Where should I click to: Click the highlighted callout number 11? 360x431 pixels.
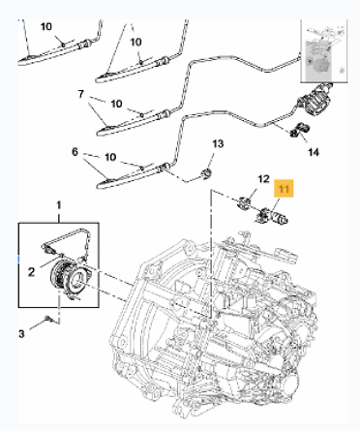(x=284, y=188)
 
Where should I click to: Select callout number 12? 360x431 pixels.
(x=263, y=179)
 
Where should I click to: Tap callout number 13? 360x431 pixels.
(x=218, y=143)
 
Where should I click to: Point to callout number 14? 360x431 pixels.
(x=314, y=152)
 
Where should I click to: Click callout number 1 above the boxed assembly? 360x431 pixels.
(x=59, y=205)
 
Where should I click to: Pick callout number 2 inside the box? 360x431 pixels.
(x=31, y=272)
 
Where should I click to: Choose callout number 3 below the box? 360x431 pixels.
(x=21, y=333)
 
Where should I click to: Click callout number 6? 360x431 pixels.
(x=75, y=152)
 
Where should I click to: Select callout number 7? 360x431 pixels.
(x=80, y=94)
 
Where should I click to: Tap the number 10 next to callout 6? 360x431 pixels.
(x=110, y=157)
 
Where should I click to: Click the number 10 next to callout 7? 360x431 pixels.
(x=116, y=104)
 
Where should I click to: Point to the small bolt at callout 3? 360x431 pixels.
(x=48, y=319)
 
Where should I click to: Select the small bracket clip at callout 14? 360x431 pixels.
(x=299, y=130)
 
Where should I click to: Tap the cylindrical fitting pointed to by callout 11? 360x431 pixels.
(x=273, y=217)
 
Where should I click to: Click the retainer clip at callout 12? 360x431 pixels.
(x=244, y=203)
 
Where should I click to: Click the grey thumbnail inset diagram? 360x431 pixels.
(x=324, y=50)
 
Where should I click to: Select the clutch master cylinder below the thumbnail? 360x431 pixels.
(x=315, y=101)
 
